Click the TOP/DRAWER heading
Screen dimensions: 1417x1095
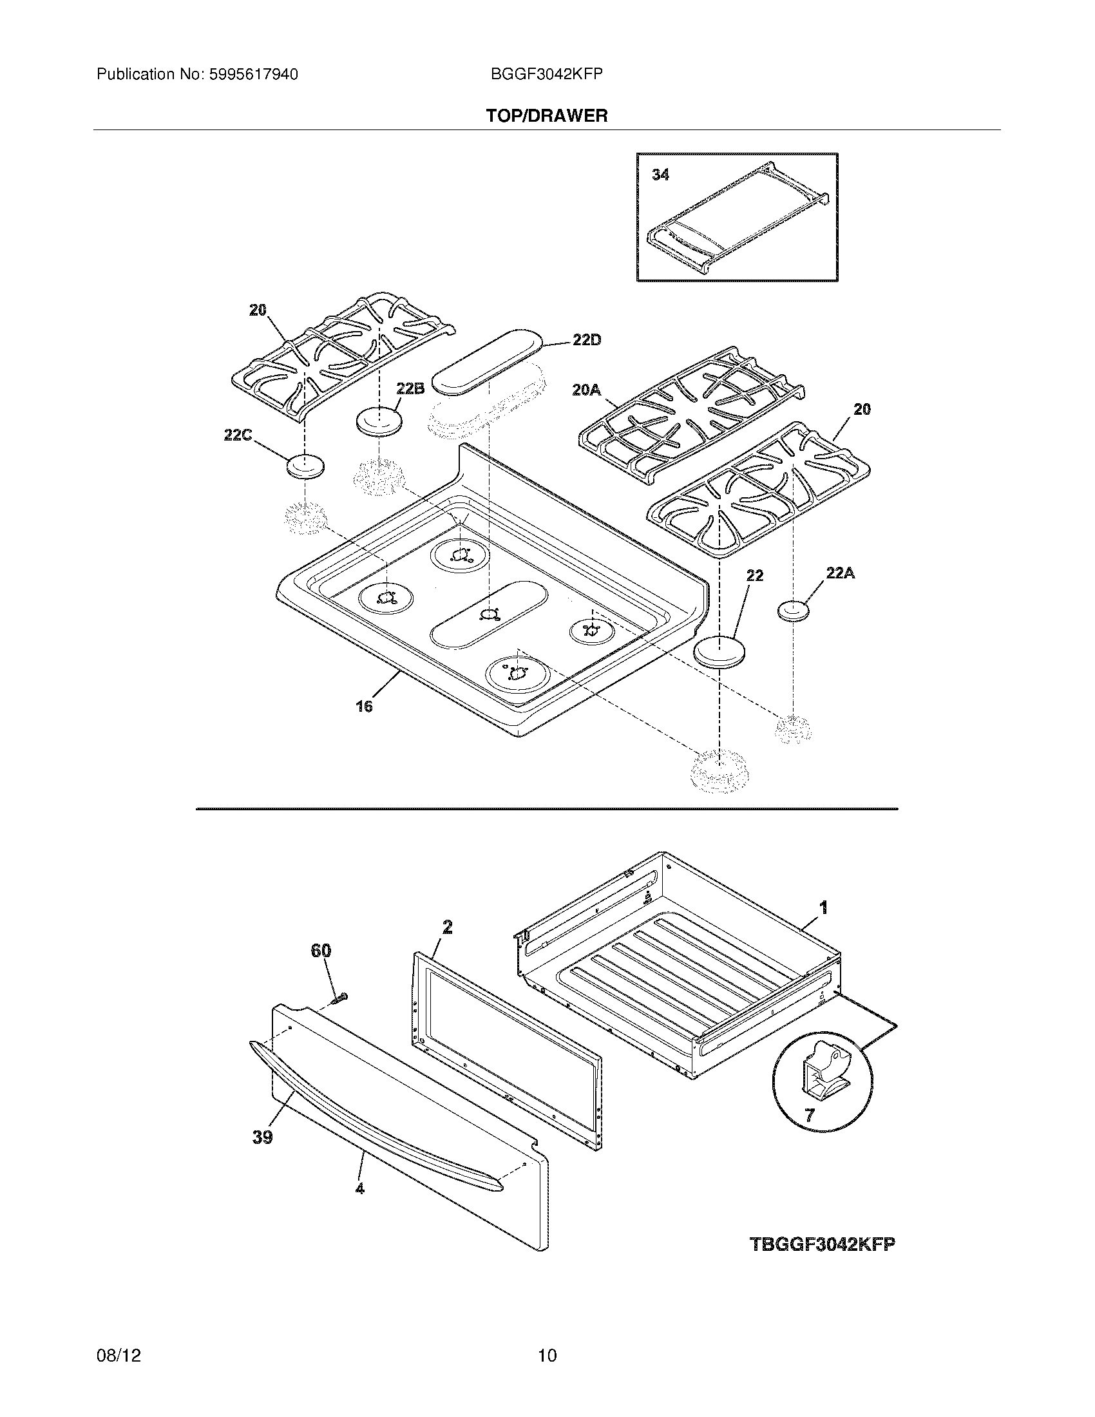coord(547,116)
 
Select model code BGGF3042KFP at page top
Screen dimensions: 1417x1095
coord(547,75)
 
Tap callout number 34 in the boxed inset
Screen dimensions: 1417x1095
coord(660,175)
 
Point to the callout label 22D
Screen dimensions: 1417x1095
coord(586,340)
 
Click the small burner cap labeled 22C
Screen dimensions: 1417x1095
coord(305,467)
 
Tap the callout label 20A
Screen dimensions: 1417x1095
coord(586,389)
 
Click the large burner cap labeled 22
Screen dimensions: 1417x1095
coord(719,651)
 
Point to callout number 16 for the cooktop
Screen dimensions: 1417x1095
coord(364,706)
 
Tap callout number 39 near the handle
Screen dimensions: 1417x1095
coord(263,1137)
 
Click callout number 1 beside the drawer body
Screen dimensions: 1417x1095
coord(824,908)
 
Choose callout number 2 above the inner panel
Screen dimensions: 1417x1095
coord(447,927)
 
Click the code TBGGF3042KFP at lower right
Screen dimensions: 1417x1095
coord(822,1244)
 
